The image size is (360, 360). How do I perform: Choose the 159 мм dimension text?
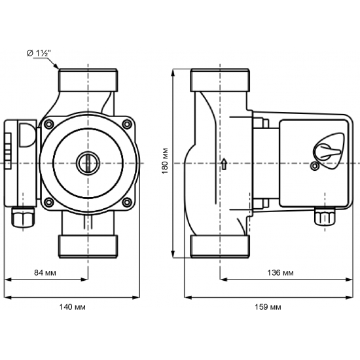(267, 306)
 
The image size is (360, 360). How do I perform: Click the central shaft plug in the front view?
(87, 161)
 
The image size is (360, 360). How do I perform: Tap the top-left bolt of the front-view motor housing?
(49, 122)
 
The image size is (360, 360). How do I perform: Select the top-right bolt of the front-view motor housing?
(126, 122)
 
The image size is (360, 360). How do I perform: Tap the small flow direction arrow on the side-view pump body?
(224, 163)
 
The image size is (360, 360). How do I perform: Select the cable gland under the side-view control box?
(321, 217)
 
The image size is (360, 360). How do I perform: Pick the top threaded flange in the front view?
(87, 80)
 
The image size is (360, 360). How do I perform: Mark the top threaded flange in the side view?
(219, 80)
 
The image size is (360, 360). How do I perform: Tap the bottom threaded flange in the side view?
(219, 245)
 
